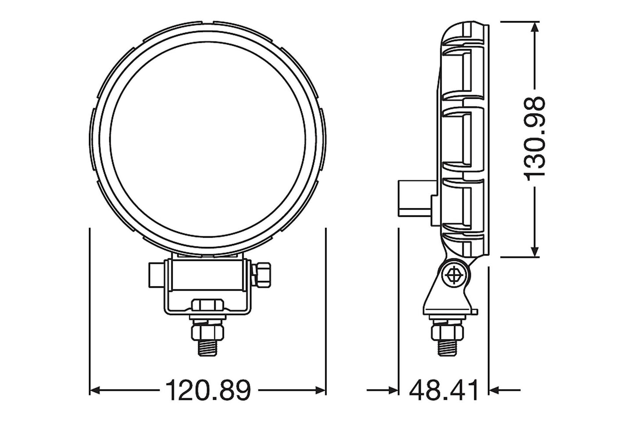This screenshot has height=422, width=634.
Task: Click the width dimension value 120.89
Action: coord(208,390)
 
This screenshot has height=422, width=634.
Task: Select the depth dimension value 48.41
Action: coord(444,390)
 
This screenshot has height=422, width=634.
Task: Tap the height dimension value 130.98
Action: coord(535,138)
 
